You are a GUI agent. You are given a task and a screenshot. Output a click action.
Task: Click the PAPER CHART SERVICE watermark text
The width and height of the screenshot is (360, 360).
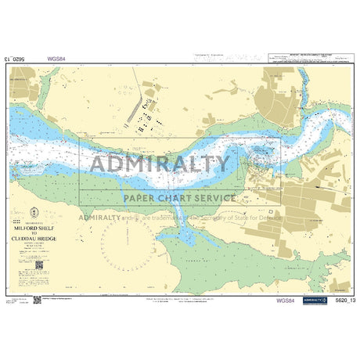[x=179, y=198]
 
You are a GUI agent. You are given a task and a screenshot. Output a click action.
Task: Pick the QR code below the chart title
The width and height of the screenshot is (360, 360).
[x=36, y=268]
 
